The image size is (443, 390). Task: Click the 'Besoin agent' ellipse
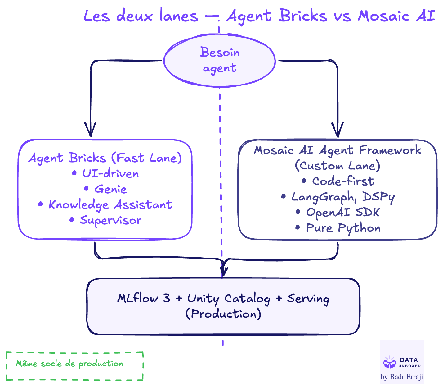(219, 61)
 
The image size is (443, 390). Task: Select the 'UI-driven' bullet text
(110, 173)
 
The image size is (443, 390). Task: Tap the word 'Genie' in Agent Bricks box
(110, 189)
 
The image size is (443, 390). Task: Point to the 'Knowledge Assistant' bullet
(110, 204)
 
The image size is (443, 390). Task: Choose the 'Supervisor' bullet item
(110, 220)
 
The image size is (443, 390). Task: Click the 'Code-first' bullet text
(343, 181)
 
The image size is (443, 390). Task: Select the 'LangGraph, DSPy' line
(343, 197)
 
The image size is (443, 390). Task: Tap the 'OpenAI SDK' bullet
(343, 212)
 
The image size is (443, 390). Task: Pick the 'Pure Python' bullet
(343, 228)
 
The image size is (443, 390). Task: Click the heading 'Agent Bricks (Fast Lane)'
(105, 158)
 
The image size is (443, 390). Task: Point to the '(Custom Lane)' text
(338, 166)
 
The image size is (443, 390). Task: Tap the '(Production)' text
(223, 314)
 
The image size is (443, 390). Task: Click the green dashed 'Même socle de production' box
(74, 366)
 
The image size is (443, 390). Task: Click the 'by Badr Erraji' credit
(402, 377)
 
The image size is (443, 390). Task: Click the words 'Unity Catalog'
(229, 298)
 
